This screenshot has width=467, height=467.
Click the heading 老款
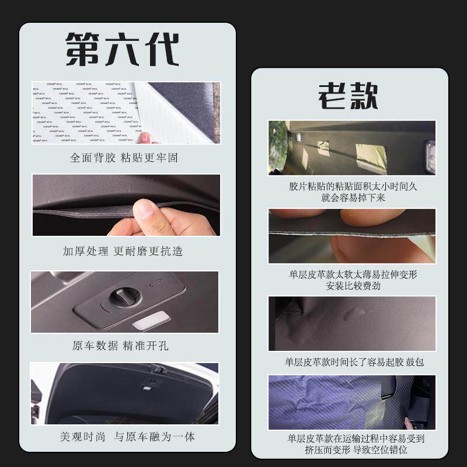click(348, 96)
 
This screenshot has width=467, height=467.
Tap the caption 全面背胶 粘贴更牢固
click(124, 158)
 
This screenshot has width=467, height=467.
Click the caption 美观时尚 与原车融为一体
click(127, 437)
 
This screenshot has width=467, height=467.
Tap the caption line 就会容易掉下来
click(353, 198)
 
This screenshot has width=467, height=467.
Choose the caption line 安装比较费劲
click(353, 285)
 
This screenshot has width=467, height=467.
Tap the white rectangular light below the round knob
click(151, 320)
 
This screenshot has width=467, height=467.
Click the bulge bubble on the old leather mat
click(354, 314)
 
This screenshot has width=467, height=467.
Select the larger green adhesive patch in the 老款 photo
click(371, 157)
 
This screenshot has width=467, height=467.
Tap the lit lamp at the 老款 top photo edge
click(430, 156)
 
